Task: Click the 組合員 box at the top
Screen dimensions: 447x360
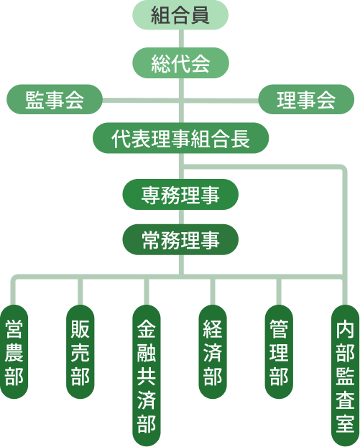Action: (x=180, y=14)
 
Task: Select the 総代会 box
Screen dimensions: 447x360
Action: (x=180, y=63)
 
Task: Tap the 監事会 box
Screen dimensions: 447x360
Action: (x=55, y=101)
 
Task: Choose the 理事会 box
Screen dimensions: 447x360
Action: (x=306, y=101)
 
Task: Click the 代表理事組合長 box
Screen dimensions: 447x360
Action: (x=180, y=139)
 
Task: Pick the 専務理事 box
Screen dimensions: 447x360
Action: (x=180, y=193)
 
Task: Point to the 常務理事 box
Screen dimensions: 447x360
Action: (x=180, y=240)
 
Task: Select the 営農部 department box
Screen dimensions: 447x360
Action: (x=14, y=352)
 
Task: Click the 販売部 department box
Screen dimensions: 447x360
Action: (x=80, y=352)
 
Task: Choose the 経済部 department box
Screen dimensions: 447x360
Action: (x=212, y=352)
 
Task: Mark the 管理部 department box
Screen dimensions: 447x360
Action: (x=278, y=352)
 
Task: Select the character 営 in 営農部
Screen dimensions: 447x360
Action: (x=14, y=329)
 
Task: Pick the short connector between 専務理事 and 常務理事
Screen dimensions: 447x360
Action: (x=180, y=216)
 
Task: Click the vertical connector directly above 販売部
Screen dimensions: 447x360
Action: (x=80, y=290)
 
